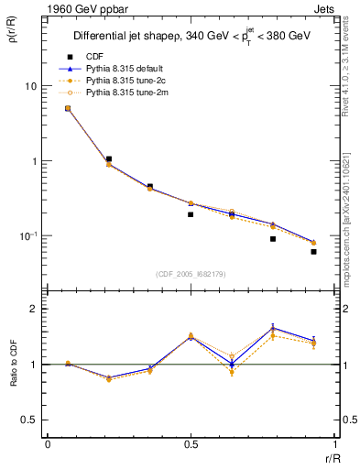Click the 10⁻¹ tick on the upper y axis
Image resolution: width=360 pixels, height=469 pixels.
[28, 235]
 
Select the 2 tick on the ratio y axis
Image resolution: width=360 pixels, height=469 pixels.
[35, 310]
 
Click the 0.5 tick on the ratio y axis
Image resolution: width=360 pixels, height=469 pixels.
[30, 420]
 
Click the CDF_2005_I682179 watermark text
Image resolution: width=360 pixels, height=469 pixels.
[191, 272]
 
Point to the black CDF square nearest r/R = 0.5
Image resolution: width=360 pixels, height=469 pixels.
[191, 214]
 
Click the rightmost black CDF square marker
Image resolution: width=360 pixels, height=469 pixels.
[313, 251]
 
